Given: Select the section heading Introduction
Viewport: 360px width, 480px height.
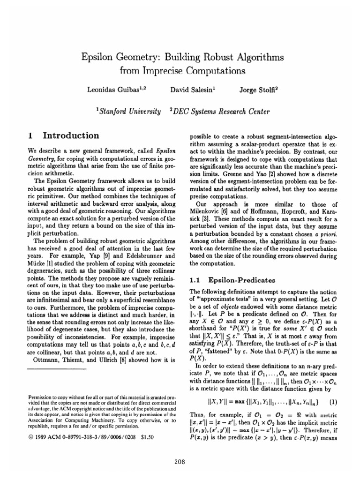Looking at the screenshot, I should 71,136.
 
